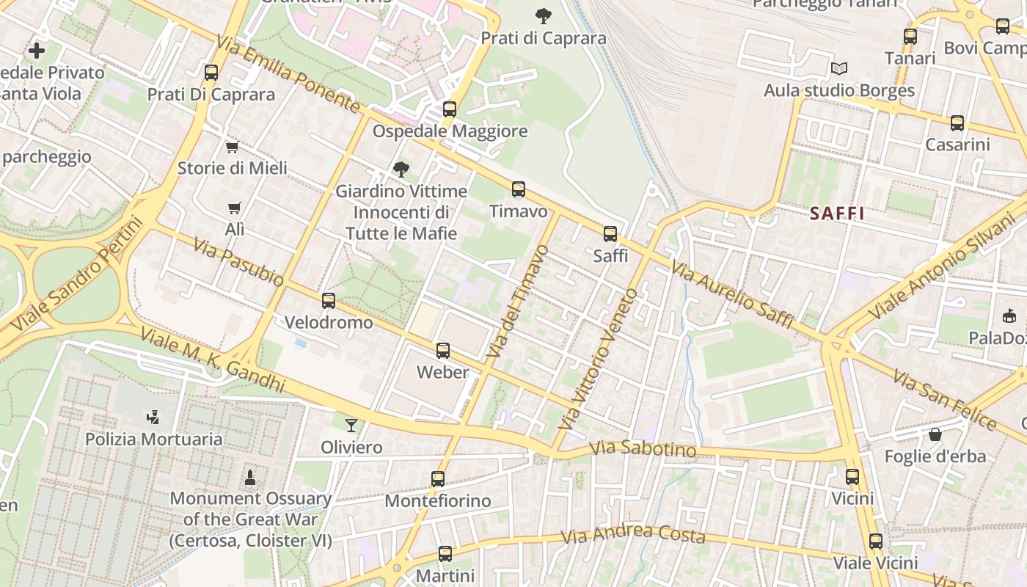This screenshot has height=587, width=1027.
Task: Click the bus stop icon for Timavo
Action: coord(519,189)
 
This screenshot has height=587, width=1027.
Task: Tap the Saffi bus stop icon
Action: coord(610,234)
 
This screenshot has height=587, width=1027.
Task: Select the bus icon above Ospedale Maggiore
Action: coord(450,109)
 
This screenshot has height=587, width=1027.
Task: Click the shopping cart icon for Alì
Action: coord(234,208)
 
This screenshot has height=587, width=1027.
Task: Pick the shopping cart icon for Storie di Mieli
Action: coord(233,147)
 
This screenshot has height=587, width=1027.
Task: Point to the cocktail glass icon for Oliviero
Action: coord(352,425)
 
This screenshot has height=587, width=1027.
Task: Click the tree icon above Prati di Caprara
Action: coord(544,15)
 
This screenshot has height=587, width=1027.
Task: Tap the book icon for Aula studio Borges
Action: coord(839,69)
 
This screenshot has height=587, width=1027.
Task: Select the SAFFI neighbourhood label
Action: coord(837,214)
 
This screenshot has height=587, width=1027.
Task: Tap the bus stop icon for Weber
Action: coord(443,351)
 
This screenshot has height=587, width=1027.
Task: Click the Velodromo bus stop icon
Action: coord(329,300)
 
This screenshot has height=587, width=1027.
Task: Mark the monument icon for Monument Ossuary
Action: coord(250,477)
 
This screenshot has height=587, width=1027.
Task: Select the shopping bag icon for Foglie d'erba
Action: coord(935,434)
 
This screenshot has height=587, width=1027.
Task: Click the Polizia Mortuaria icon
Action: coord(153,418)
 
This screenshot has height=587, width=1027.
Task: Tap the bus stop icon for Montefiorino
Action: coord(438,479)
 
